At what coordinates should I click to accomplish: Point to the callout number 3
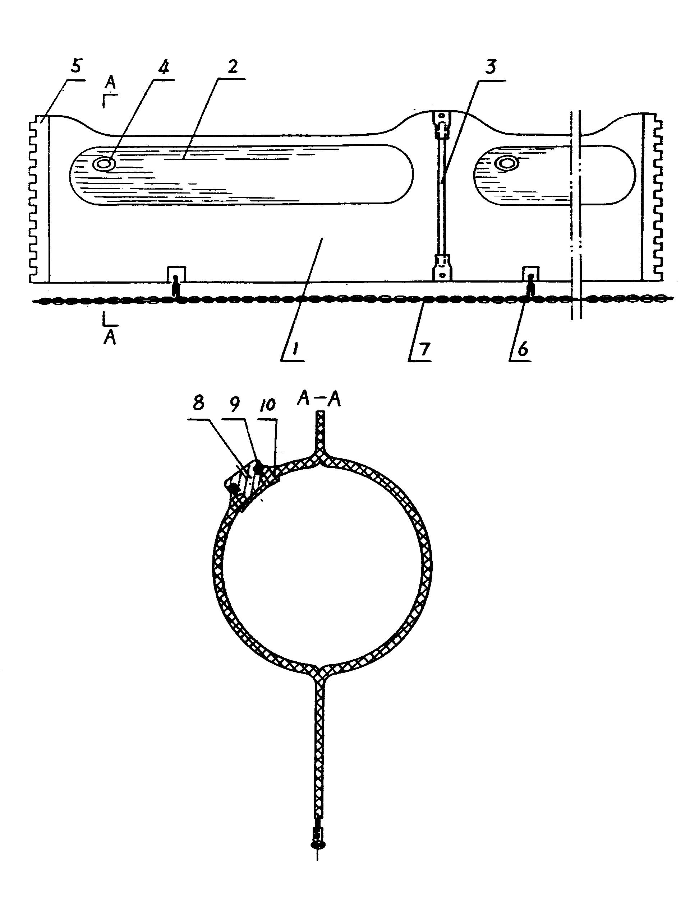(491, 66)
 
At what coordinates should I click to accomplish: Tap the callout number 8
(199, 403)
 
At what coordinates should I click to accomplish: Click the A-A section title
(319, 400)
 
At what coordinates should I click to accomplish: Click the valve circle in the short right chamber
(507, 163)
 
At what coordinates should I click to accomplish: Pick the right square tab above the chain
(531, 274)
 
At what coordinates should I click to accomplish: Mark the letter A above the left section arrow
(110, 83)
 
